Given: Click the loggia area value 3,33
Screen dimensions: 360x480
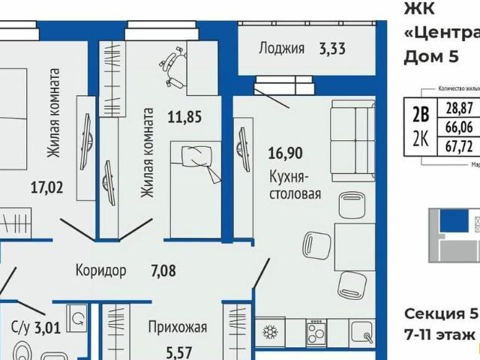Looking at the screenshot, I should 332,49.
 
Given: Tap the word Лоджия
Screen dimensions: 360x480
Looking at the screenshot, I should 281,49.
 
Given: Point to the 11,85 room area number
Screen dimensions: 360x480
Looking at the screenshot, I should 184,116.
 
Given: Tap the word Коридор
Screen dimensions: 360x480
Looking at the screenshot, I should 101,270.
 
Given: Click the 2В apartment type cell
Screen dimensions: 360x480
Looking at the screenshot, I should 421,114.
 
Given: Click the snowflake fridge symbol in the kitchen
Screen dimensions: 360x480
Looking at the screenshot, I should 268,332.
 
